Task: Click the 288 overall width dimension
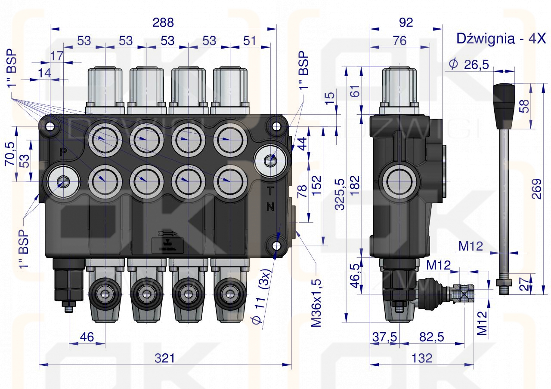click(x=163, y=22)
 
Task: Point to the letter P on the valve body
click(x=63, y=151)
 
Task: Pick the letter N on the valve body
click(x=270, y=208)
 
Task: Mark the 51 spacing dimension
click(x=249, y=41)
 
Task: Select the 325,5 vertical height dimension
click(x=340, y=194)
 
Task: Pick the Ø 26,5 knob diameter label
click(x=469, y=64)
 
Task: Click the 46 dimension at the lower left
click(x=87, y=337)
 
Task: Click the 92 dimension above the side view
click(x=406, y=22)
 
